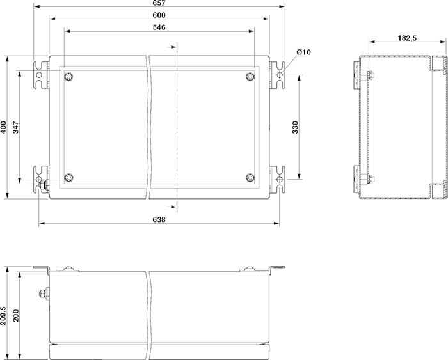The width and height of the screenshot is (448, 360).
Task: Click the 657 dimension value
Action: pos(159,3)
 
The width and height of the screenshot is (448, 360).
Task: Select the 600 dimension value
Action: pos(159,15)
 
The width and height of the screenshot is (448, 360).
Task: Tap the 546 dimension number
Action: pos(159,27)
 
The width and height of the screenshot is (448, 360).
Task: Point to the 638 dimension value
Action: pos(159,219)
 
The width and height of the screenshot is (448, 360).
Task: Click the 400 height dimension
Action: pos(3,127)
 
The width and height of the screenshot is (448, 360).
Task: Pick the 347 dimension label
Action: pos(16,127)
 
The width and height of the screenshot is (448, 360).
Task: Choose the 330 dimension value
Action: pos(295,127)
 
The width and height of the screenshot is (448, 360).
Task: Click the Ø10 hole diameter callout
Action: pos(303,52)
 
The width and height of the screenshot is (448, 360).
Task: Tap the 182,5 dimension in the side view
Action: pos(407,38)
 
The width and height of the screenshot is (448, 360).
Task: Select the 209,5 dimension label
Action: pos(3,316)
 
